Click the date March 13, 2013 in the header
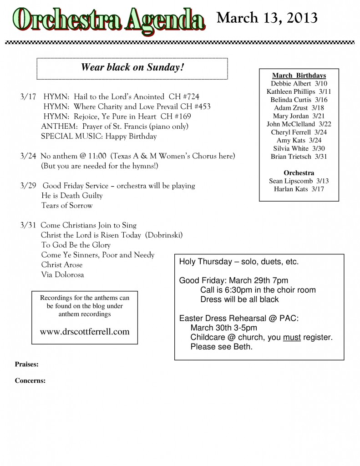pyautogui.click(x=267, y=18)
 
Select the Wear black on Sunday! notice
pyautogui.click(x=132, y=67)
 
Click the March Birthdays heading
pyautogui.click(x=299, y=75)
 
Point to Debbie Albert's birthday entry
pyautogui.click(x=299, y=83)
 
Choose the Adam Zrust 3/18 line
pyautogui.click(x=299, y=108)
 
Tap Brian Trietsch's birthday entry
pyautogui.click(x=299, y=157)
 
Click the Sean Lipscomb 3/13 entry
pyautogui.click(x=299, y=181)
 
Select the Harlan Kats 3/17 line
pyautogui.click(x=299, y=189)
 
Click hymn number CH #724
pyautogui.click(x=184, y=96)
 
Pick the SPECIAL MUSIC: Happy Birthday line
pyautogui.click(x=99, y=136)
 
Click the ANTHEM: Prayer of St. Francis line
pyautogui.click(x=115, y=126)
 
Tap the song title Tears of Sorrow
pyautogui.click(x=66, y=205)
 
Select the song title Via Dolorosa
pyautogui.click(x=62, y=274)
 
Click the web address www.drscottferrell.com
pyautogui.click(x=85, y=332)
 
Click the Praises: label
pyautogui.click(x=26, y=364)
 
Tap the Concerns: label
pyautogui.click(x=30, y=381)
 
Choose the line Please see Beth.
pyautogui.click(x=221, y=347)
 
